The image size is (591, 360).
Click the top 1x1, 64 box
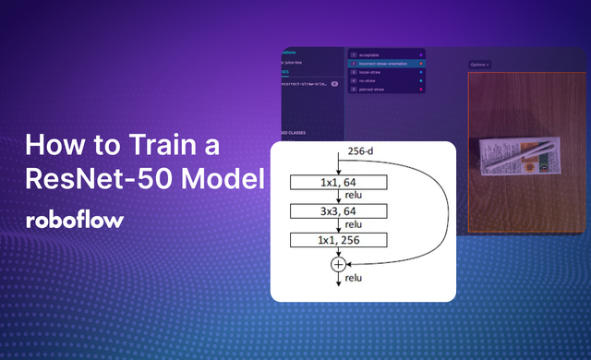(x=341, y=182)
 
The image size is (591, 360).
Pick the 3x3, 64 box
(x=341, y=211)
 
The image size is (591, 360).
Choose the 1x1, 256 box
(x=341, y=241)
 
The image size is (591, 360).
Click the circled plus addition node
(x=339, y=264)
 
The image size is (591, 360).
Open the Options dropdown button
(x=479, y=65)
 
